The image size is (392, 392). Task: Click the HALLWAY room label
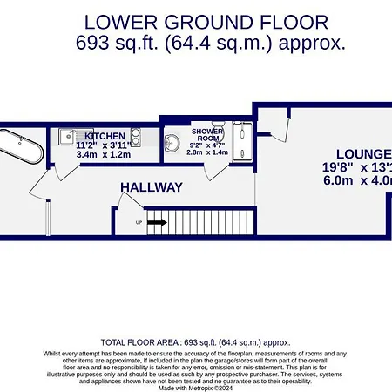tap(152, 187)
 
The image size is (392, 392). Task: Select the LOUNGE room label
tap(366, 153)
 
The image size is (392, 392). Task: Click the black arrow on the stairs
tap(157, 223)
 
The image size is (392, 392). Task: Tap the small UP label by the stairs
tap(139, 223)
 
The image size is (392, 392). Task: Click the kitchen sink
tap(71, 136)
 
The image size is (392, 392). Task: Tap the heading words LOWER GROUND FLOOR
tap(195, 21)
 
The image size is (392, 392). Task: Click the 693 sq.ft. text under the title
tap(129, 41)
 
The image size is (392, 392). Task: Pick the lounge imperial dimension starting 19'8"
tap(357, 168)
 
